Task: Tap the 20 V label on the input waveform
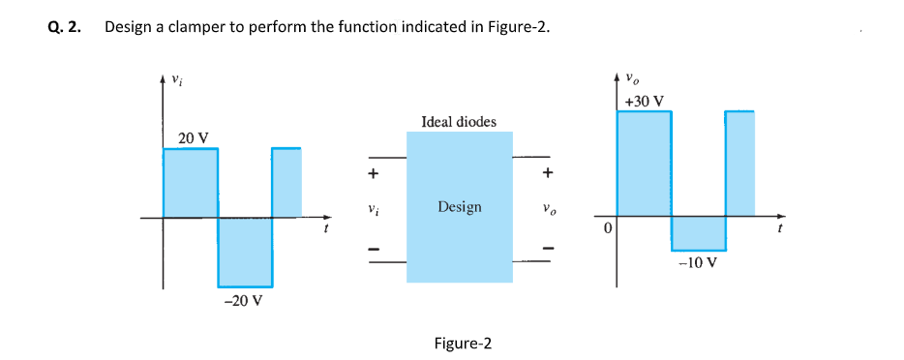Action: tap(194, 137)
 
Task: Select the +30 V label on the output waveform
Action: tap(644, 101)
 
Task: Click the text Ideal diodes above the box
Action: tap(459, 121)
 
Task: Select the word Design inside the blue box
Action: tap(459, 207)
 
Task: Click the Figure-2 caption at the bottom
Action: tap(463, 344)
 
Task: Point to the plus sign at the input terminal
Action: tap(371, 174)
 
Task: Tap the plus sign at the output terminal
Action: tap(548, 174)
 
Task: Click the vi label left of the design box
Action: tap(370, 208)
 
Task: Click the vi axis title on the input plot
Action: tap(176, 80)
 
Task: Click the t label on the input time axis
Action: tap(325, 230)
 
